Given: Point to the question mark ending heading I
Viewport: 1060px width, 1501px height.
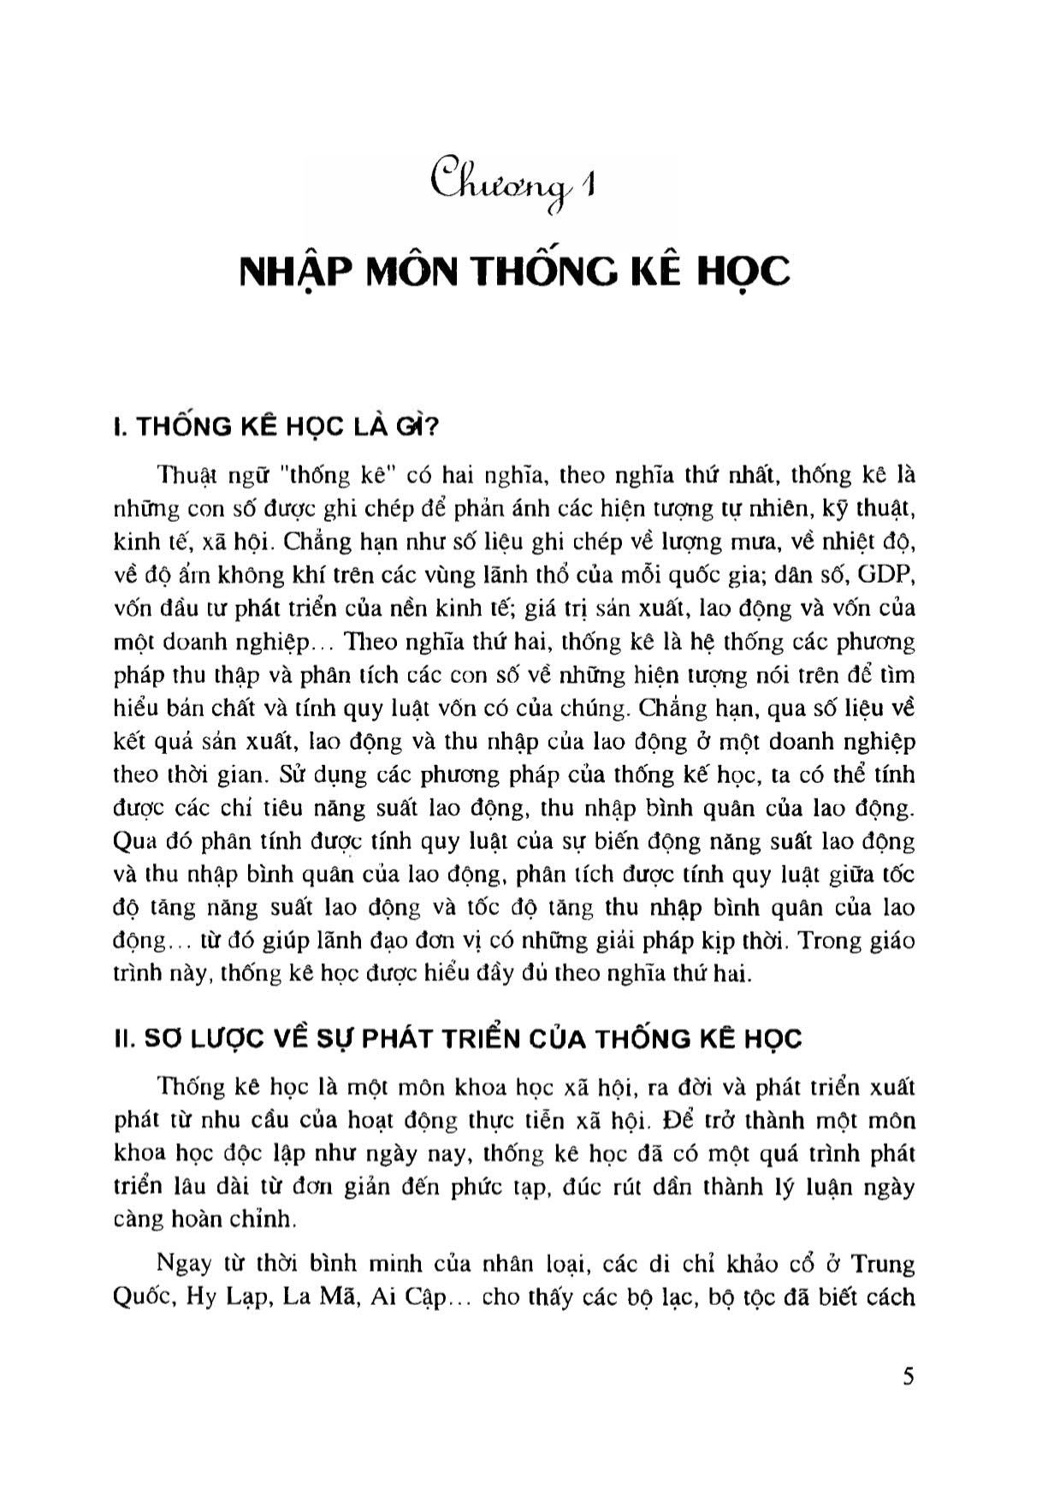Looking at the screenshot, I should coord(429,426).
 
